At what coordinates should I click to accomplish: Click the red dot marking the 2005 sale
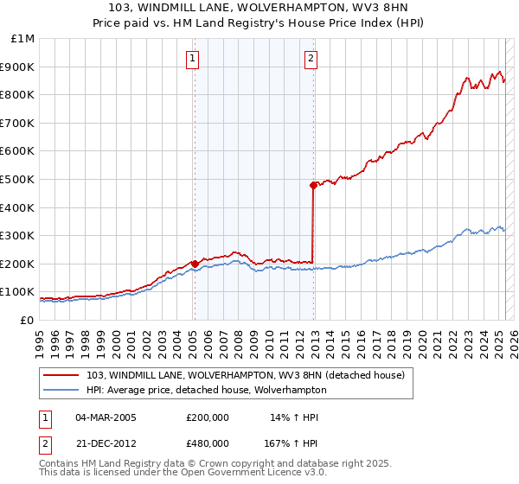coord(195,264)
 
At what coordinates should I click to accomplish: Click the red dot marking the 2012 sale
coord(313,184)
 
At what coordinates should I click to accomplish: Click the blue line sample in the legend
coord(61,390)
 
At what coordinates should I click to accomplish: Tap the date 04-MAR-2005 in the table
coord(106,417)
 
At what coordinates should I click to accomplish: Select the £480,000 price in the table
coord(208,443)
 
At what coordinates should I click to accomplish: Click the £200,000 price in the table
coord(208,417)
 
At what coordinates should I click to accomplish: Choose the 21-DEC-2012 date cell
coord(106,443)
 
